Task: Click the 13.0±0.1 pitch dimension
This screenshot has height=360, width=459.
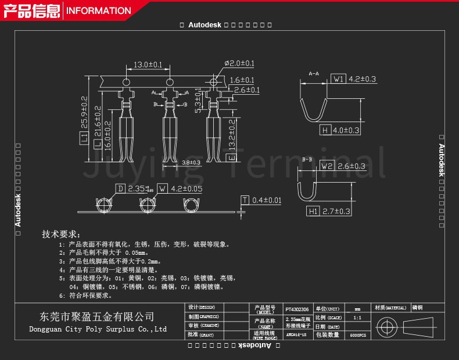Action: (x=148, y=64)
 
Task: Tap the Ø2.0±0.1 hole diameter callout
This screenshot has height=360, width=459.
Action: (x=239, y=63)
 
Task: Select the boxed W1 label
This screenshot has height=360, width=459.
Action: (x=339, y=79)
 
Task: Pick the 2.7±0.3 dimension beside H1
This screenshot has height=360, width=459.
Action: (x=337, y=211)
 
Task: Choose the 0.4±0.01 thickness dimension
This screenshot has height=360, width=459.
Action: (x=267, y=200)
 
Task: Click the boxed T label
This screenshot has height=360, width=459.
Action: (x=245, y=200)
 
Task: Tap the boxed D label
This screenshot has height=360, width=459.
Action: (x=120, y=188)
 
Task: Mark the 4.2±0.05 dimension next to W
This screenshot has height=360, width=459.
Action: (x=187, y=188)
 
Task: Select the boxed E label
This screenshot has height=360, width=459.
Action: (x=230, y=158)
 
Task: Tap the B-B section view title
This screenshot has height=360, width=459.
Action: (x=307, y=159)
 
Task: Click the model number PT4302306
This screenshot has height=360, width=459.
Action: (x=297, y=309)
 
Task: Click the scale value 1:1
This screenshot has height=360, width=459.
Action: (x=357, y=318)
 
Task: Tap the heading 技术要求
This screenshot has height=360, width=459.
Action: (x=59, y=234)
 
